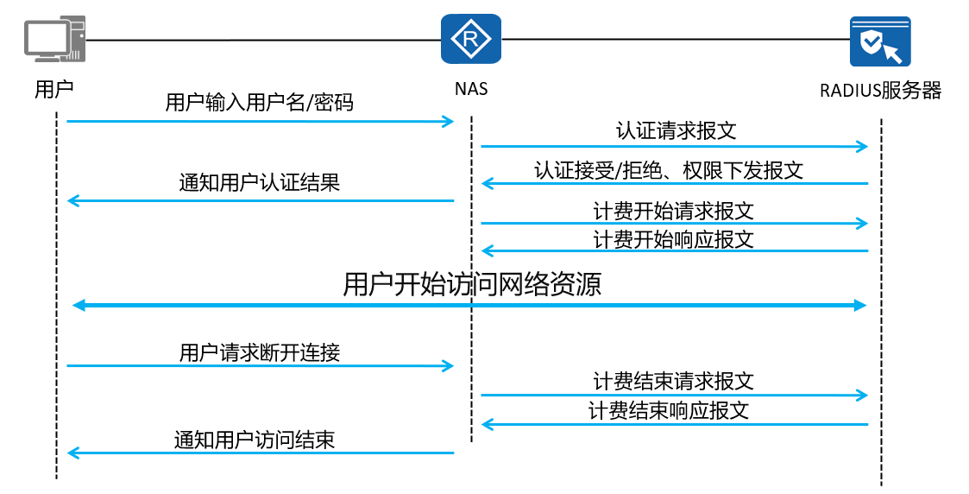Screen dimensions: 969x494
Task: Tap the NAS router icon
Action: coord(471,39)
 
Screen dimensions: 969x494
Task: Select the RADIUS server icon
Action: coord(880,41)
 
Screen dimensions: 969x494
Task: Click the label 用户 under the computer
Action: coord(53,89)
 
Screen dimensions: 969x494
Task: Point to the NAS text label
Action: coord(471,89)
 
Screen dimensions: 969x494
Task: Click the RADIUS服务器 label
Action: coord(880,91)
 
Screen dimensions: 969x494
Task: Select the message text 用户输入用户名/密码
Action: coord(260,102)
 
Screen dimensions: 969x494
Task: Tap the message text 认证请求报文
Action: coord(676,130)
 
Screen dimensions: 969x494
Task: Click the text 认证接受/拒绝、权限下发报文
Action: coord(669,171)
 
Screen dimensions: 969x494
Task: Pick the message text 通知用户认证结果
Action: coord(260,182)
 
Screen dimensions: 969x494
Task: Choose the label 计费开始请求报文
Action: coord(674,211)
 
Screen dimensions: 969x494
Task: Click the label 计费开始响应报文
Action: coord(674,239)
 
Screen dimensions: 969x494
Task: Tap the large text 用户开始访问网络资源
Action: coord(472,284)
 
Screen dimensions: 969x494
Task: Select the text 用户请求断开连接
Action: coord(260,353)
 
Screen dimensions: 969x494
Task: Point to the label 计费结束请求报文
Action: coord(674,382)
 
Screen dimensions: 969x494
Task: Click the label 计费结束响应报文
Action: coord(669,410)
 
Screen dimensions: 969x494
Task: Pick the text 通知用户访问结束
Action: coord(255,440)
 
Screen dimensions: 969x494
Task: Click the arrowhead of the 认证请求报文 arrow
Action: coord(863,147)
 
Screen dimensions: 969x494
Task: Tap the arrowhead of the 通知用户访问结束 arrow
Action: coord(73,453)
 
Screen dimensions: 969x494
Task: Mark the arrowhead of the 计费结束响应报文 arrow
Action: coord(488,424)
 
